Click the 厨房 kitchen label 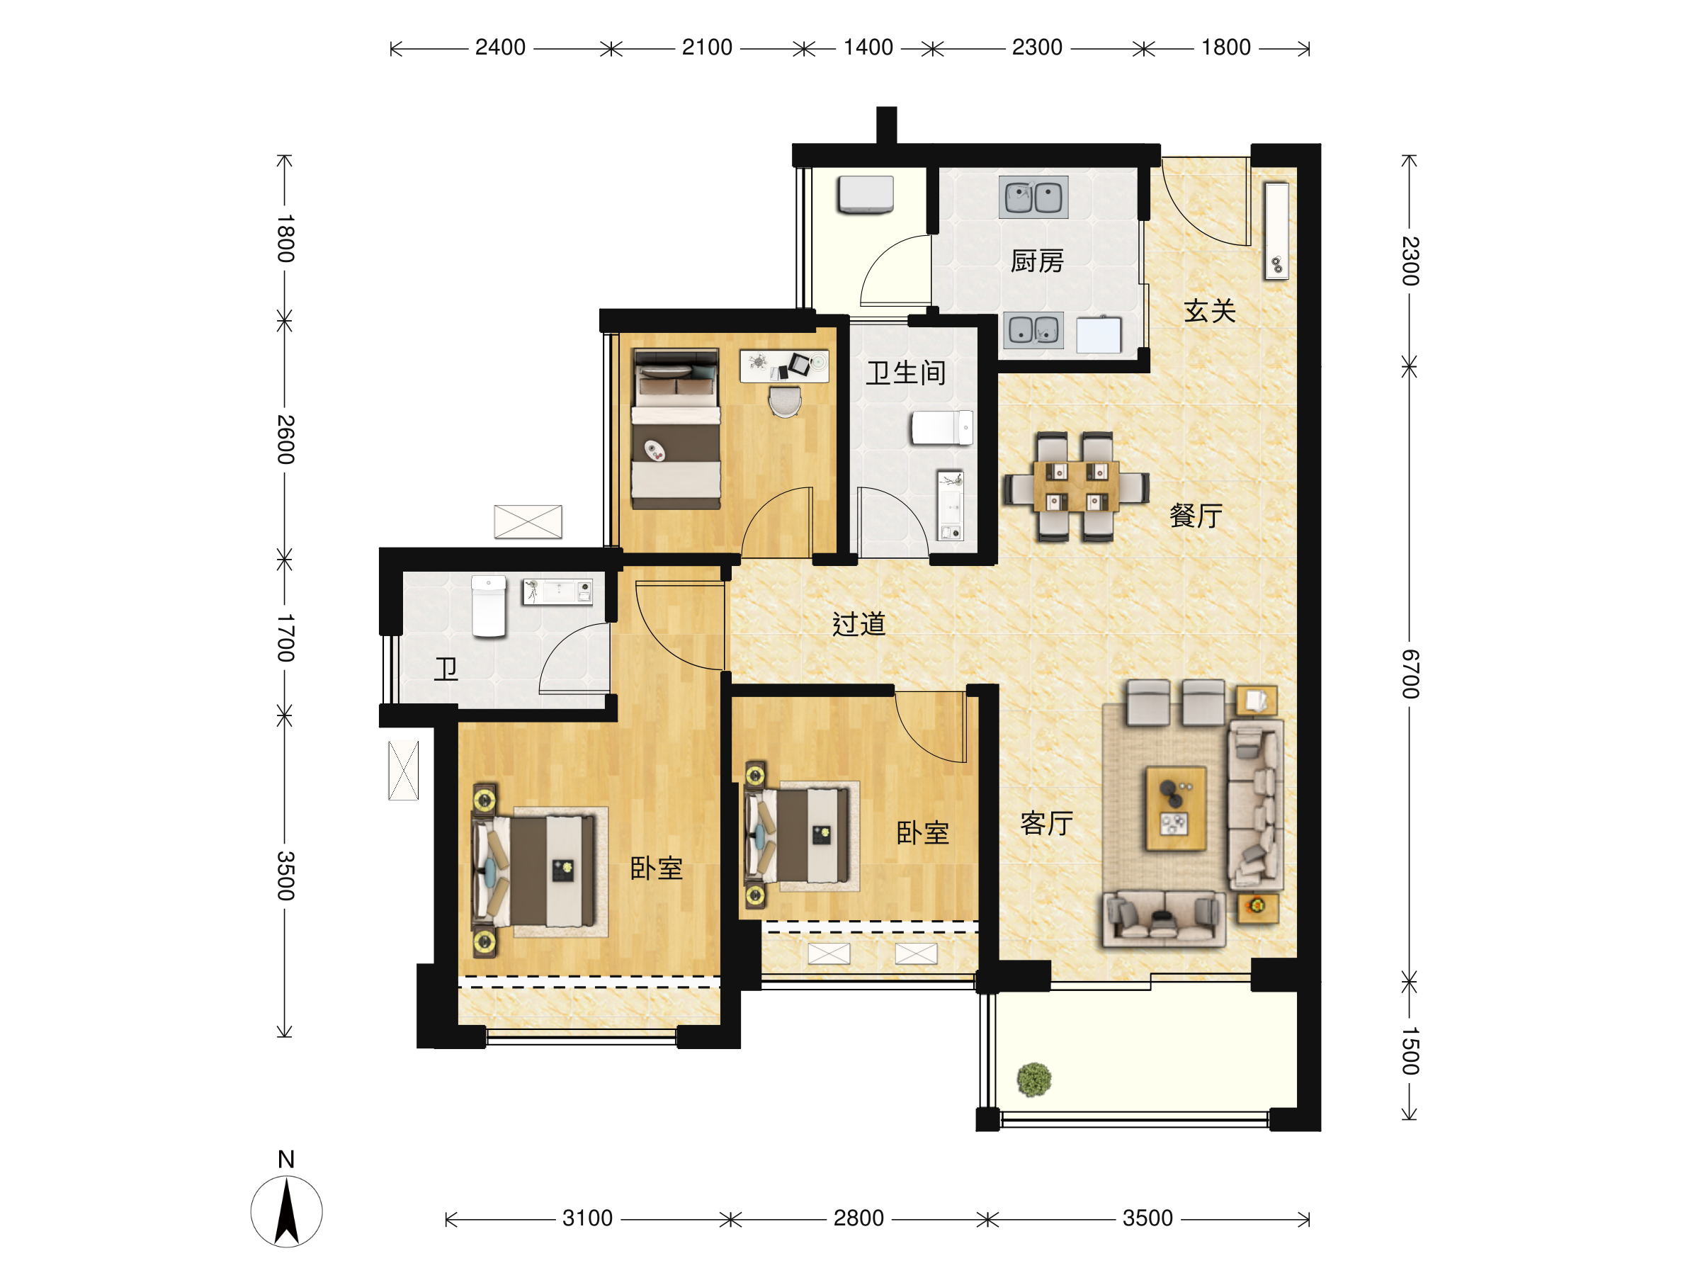[x=1037, y=261]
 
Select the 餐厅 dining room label [x=1196, y=515]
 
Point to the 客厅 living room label [x=1047, y=823]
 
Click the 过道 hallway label [x=859, y=623]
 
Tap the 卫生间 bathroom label [x=906, y=373]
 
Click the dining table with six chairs [x=1076, y=487]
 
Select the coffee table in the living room [x=1175, y=809]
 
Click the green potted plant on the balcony [x=1033, y=1080]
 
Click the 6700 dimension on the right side [x=1410, y=674]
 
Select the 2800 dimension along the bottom [x=858, y=1218]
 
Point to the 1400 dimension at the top [x=868, y=47]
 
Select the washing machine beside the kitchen [x=866, y=195]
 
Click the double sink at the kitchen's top [x=1033, y=198]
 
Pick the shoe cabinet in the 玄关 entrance [x=1276, y=231]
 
